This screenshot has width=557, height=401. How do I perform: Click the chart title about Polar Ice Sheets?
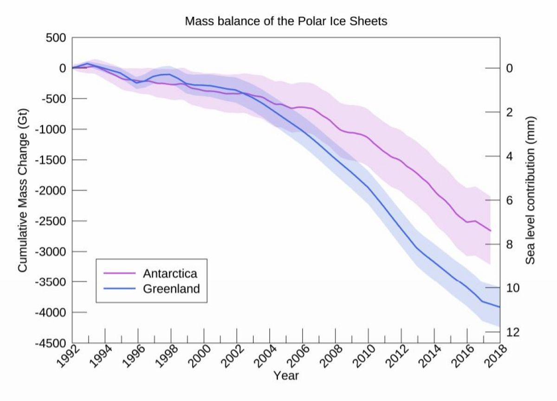click(286, 21)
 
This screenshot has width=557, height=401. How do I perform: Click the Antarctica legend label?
click(170, 273)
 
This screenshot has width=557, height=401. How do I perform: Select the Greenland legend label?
click(171, 289)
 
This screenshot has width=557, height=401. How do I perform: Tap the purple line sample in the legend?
click(120, 273)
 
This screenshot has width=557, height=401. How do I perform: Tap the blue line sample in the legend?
click(120, 289)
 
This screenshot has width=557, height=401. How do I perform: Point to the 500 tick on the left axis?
click(56, 38)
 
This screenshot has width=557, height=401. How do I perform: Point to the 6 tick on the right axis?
click(509, 200)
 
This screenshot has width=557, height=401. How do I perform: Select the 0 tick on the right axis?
click(509, 68)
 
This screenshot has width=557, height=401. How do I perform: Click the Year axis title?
click(286, 375)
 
